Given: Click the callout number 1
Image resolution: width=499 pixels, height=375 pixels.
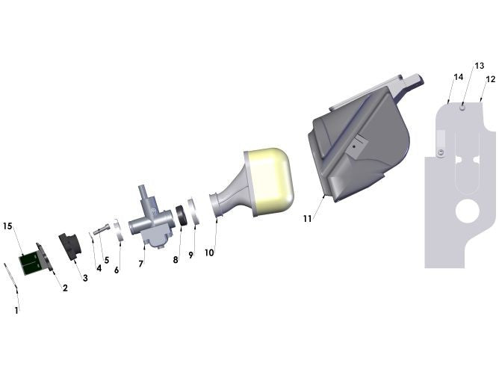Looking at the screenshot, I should tap(16, 309).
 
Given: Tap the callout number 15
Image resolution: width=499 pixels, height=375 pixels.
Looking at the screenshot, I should tap(7, 225).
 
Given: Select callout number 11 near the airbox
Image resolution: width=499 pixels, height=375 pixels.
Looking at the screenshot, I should tap(307, 218).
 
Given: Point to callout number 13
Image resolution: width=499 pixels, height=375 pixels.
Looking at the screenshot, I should tap(479, 66).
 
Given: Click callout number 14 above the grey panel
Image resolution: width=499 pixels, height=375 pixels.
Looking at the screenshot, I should tap(458, 77).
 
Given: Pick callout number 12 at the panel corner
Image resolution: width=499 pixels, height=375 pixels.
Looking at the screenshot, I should tap(491, 79).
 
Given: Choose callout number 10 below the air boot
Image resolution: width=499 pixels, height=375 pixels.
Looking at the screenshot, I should tap(209, 252).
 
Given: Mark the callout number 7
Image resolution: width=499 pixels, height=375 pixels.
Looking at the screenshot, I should tap(140, 264).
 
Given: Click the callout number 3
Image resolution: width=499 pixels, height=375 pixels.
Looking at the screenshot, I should tap(85, 278).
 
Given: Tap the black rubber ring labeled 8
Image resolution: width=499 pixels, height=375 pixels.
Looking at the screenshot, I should tap(181, 215).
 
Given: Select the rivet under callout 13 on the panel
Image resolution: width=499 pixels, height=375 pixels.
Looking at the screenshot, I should tap(463, 108).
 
